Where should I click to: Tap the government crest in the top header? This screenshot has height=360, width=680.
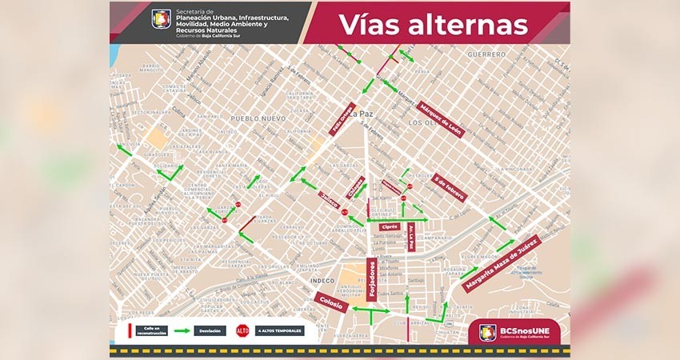pyautogui.click(x=161, y=18)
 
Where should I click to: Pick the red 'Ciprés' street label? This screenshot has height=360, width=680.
pyautogui.click(x=390, y=226)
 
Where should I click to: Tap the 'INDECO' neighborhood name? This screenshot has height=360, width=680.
pyautogui.click(x=321, y=281)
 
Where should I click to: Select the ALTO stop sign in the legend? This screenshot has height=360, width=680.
pyautogui.click(x=242, y=330)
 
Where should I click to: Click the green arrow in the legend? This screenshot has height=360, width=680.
pyautogui.click(x=182, y=330)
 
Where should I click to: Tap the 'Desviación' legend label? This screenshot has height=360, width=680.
pyautogui.click(x=210, y=330)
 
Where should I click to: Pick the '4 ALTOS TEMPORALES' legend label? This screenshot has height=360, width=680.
pyautogui.click(x=281, y=330)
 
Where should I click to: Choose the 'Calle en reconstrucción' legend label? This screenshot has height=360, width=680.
pyautogui.click(x=150, y=330)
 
